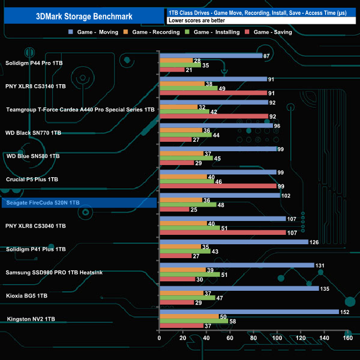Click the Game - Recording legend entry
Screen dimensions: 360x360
click(x=156, y=32)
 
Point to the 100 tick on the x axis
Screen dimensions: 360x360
click(x=277, y=338)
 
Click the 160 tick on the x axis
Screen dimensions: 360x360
click(x=347, y=338)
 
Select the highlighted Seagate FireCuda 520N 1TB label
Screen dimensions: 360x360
click(x=42, y=203)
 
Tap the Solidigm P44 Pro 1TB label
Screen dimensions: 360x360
click(x=34, y=63)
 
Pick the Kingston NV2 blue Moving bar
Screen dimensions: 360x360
click(x=249, y=312)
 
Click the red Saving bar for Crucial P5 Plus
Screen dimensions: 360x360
click(x=217, y=186)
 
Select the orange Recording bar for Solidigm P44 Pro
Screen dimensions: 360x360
click(x=176, y=60)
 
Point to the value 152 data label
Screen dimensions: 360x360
click(x=344, y=312)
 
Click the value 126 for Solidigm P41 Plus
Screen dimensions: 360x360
click(x=314, y=242)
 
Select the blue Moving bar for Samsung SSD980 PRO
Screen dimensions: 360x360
click(x=236, y=265)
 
